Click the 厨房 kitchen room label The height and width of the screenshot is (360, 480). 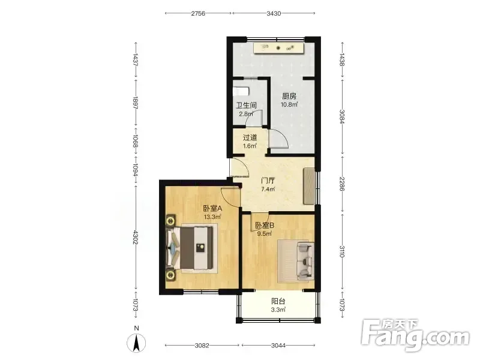click(x=289, y=96)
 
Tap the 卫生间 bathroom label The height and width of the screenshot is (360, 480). click(x=246, y=106)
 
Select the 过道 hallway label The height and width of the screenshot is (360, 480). click(x=250, y=138)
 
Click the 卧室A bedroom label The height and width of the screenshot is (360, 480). click(x=212, y=209)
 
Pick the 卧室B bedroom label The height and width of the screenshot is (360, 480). click(x=265, y=226)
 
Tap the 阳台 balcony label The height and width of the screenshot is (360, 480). click(x=278, y=302)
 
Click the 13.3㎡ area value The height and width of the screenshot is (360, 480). click(x=212, y=217)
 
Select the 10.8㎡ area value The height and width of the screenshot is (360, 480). click(x=289, y=104)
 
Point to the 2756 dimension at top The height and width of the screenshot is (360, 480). click(x=198, y=13)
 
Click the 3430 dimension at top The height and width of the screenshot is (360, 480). click(x=274, y=13)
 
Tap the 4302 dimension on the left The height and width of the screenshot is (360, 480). click(x=136, y=237)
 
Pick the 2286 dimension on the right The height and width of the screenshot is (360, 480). click(x=342, y=184)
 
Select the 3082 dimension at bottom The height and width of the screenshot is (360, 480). click(x=202, y=346)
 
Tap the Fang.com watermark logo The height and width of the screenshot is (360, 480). click(x=415, y=336)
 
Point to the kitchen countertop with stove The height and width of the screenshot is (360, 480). click(x=278, y=48)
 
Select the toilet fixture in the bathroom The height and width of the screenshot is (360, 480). click(x=241, y=92)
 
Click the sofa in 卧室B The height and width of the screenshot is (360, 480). click(x=305, y=261)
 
